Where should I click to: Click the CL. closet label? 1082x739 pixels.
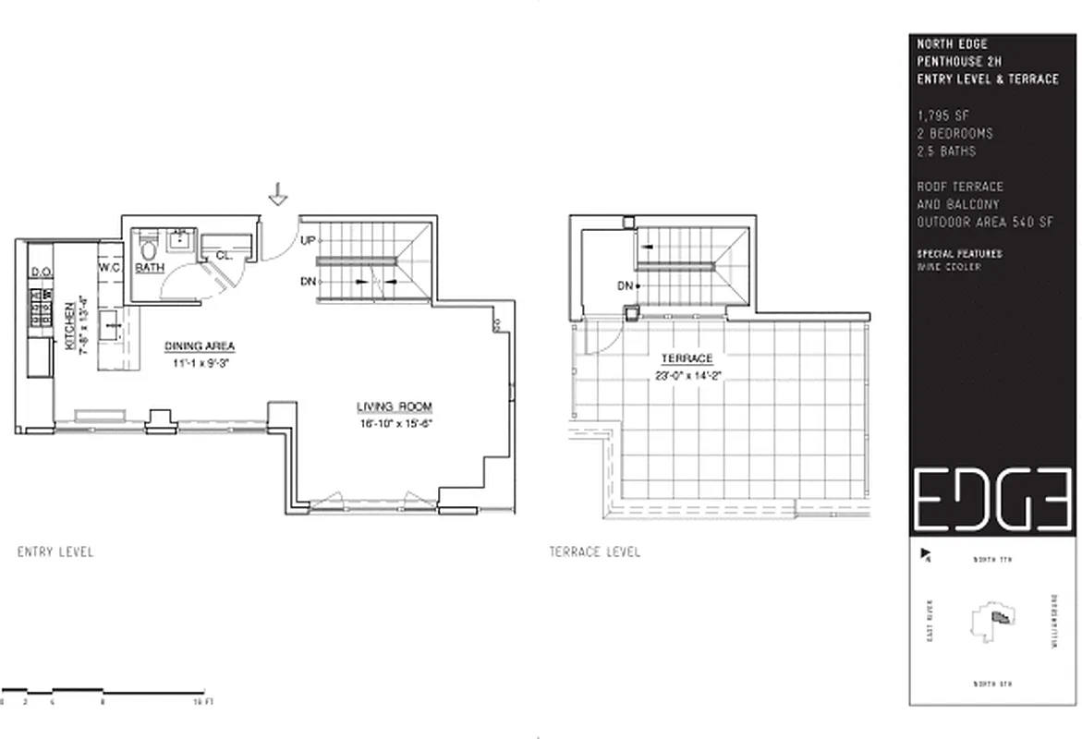coord(224,255)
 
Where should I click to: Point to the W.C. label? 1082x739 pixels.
coord(111,268)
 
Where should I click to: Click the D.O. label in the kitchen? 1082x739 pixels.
coord(40,273)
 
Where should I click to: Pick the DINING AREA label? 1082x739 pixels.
coord(200,346)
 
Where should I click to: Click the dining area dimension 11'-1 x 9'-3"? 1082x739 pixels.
coord(200,364)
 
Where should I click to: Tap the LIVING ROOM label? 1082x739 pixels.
coord(395,406)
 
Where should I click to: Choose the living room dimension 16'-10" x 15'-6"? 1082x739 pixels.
coord(395,425)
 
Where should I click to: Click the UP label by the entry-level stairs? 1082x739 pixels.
coord(309,240)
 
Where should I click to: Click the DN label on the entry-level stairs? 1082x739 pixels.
coord(309,281)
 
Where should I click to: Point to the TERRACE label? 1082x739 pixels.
coord(687,358)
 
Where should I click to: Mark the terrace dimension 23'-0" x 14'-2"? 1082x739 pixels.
coord(687,374)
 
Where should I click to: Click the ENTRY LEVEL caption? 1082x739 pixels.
coord(55,552)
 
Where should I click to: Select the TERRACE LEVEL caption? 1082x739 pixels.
coord(594,552)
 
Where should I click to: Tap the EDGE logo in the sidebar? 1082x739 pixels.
coord(991,500)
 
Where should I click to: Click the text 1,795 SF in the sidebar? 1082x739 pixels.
coord(942,116)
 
